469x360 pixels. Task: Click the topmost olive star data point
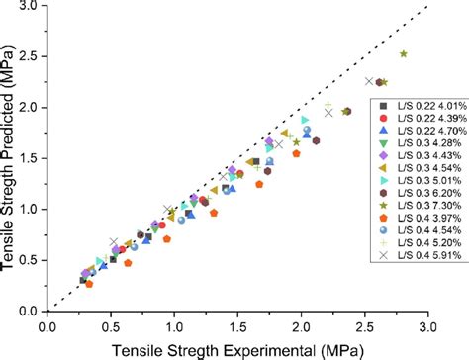(403, 54)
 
